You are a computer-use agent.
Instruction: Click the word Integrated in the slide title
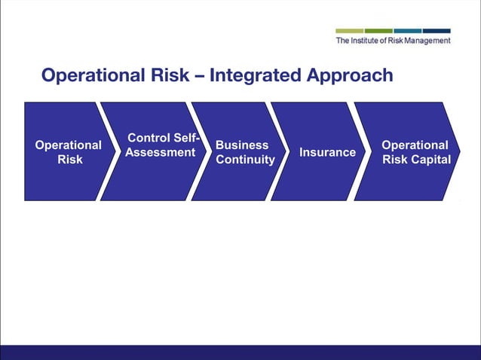pyautogui.click(x=256, y=76)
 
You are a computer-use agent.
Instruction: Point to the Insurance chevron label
pyautogui.click(x=327, y=152)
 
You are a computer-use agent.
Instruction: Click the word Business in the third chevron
pyautogui.click(x=242, y=145)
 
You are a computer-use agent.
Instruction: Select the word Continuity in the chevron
pyautogui.click(x=245, y=160)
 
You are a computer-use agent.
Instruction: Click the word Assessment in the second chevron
pyautogui.click(x=160, y=153)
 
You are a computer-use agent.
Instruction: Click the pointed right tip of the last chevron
pyautogui.click(x=458, y=151)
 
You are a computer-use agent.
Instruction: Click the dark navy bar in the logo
pyautogui.click(x=437, y=31)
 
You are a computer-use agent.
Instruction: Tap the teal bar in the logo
pyautogui.click(x=408, y=31)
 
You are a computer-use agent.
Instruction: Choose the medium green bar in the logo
pyautogui.click(x=378, y=31)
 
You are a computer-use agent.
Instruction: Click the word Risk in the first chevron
pyautogui.click(x=70, y=160)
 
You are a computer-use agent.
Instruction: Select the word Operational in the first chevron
pyautogui.click(x=69, y=145)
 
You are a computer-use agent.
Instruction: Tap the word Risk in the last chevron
pyautogui.click(x=395, y=159)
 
